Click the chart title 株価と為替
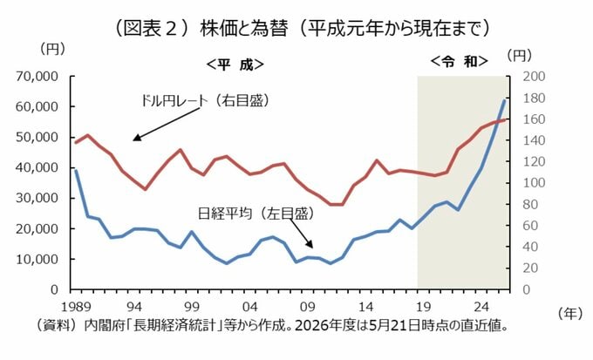coord(244,29)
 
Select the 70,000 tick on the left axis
coord(37,77)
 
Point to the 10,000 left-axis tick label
coord(37,259)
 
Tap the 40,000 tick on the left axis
coord(37,167)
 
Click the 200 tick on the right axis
coord(534,77)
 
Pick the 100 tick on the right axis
coord(534,183)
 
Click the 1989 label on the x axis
coord(76,307)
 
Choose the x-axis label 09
coord(308,307)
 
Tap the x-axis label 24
coord(481,307)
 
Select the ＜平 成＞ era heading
coord(235,65)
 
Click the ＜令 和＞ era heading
coord(459,61)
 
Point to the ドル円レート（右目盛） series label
coord(205,100)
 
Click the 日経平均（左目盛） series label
coord(256,214)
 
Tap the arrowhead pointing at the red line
coord(137,138)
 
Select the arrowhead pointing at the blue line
coord(310,244)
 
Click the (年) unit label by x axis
coord(570,313)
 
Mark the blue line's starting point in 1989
coord(76,170)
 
